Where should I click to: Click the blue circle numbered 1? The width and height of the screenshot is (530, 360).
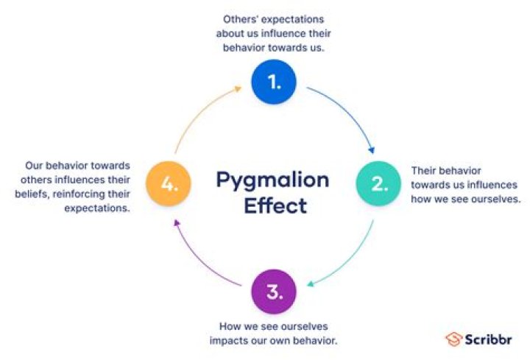pos(274,82)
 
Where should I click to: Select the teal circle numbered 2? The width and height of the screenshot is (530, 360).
pos(378,183)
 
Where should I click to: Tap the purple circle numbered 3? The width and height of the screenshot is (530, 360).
pos(274,292)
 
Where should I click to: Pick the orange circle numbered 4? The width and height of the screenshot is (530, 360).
pos(169,183)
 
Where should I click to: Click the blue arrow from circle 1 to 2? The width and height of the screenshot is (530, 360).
pos(349,107)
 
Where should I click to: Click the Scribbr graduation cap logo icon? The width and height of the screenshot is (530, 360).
pos(453,339)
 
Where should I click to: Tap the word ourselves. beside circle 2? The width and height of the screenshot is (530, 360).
pos(495,199)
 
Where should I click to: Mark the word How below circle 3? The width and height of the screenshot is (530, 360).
pos(229,325)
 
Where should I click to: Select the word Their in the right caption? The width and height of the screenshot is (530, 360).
pos(425,169)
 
